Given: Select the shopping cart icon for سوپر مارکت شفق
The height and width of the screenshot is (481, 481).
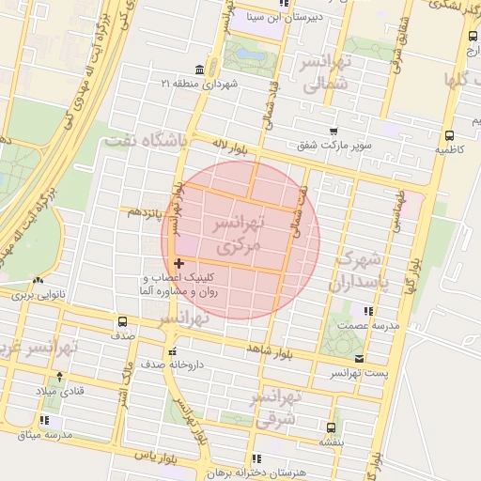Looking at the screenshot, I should click(x=333, y=132).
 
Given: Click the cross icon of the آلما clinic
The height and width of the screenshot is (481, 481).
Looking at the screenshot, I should click(x=178, y=264).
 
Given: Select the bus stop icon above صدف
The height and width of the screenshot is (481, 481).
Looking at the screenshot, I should click(x=122, y=321).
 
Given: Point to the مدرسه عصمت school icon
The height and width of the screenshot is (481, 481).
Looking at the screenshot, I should click(x=368, y=310).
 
